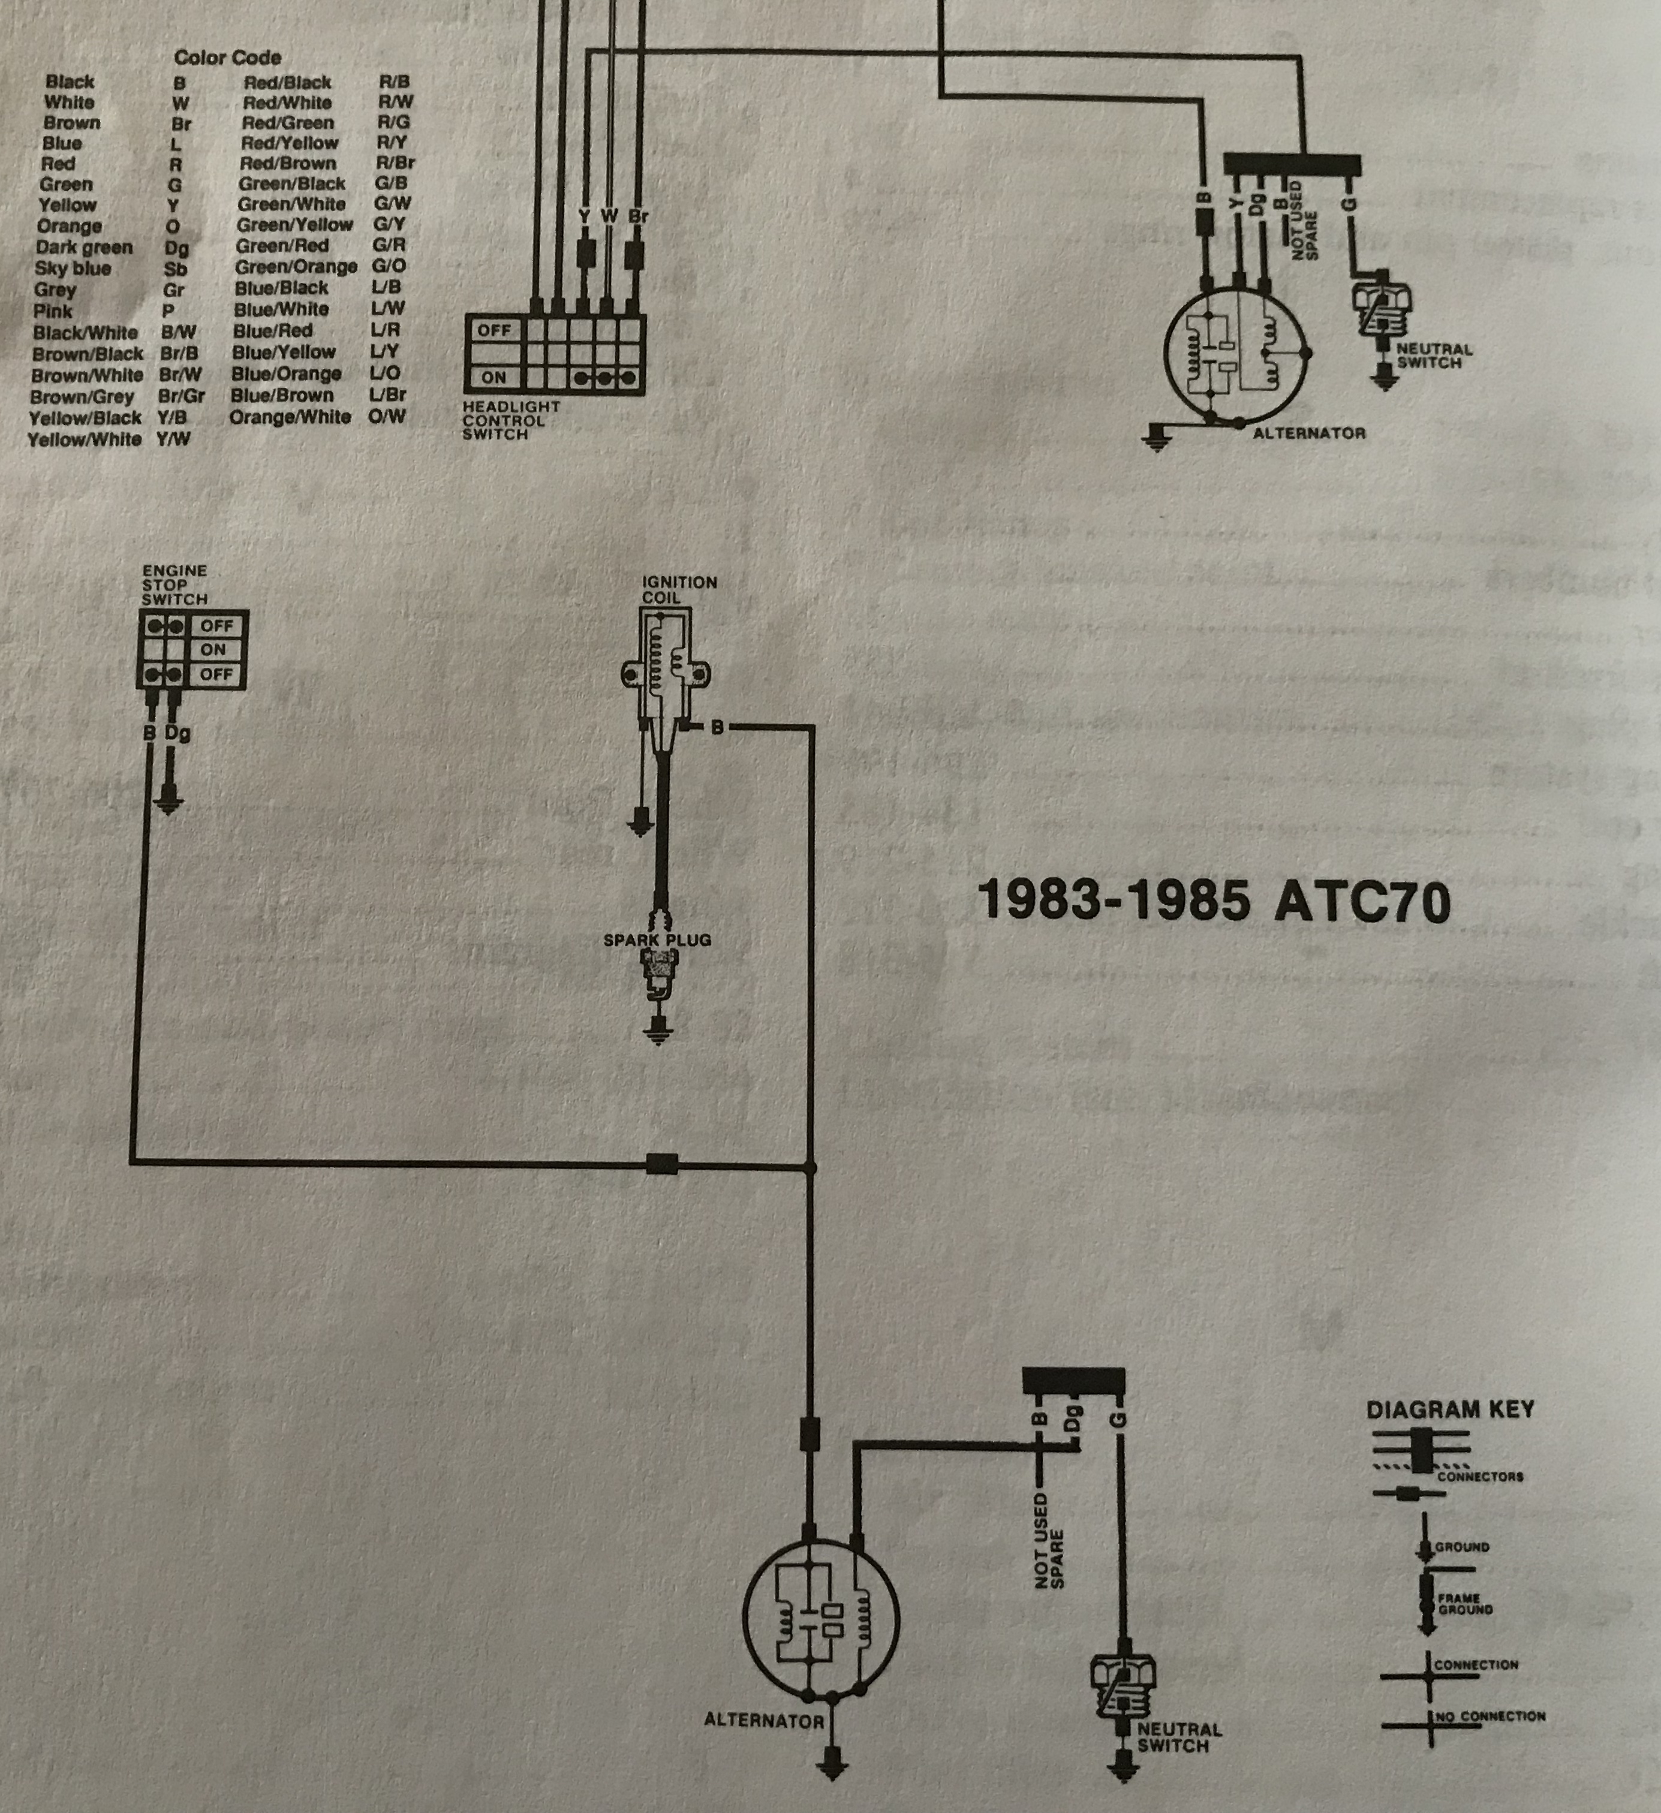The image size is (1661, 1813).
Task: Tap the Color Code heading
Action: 227,58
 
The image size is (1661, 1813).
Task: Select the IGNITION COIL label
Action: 679,590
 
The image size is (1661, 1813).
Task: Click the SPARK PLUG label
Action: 657,940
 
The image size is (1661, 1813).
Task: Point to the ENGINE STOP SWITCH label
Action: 174,585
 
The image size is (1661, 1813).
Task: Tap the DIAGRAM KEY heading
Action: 1450,1409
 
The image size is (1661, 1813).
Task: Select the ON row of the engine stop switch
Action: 213,649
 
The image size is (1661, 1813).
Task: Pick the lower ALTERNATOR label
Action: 763,1721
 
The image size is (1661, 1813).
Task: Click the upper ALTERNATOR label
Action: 1308,433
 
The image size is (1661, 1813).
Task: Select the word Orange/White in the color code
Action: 290,417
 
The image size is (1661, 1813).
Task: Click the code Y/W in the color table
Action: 173,439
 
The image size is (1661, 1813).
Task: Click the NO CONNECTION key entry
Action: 1490,1716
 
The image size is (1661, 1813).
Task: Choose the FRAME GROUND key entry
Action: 1464,1603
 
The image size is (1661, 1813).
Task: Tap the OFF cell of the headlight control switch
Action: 494,330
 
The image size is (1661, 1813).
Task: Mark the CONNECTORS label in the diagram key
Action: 1479,1476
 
